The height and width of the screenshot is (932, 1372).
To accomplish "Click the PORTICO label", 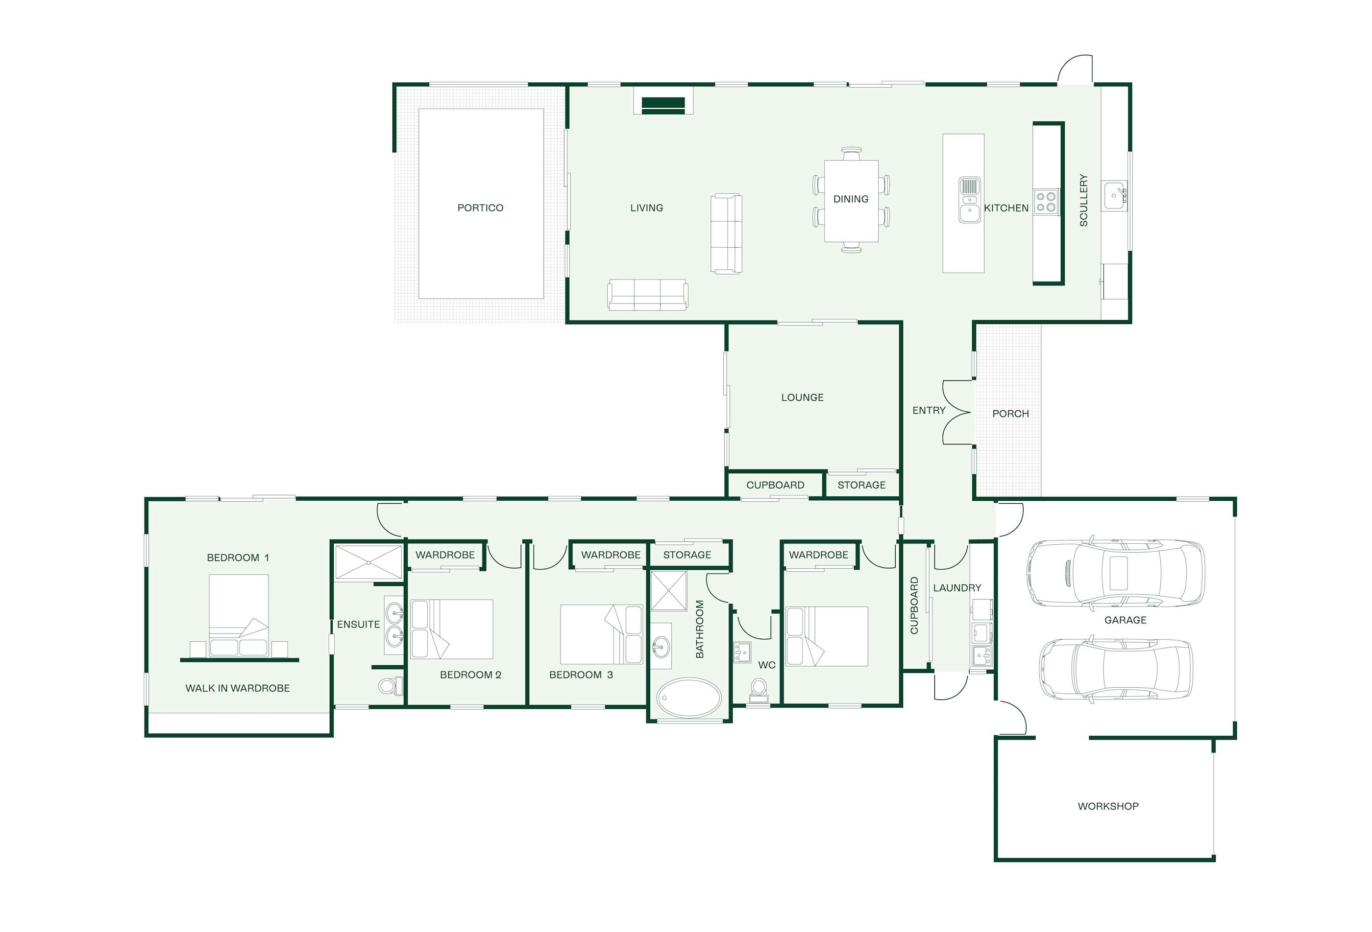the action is click(x=480, y=208).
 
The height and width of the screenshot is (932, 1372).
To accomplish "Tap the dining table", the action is click(x=851, y=201).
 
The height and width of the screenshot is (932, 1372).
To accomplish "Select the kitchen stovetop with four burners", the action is click(x=1046, y=201).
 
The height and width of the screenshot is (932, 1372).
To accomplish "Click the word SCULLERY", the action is click(x=1083, y=200).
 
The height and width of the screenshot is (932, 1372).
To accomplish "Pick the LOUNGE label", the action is click(x=802, y=397).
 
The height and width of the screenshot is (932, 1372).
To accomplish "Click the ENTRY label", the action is click(x=929, y=411).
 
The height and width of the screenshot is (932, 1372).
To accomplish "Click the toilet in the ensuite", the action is click(x=390, y=685).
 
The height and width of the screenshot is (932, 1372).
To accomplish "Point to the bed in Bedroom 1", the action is click(x=239, y=615).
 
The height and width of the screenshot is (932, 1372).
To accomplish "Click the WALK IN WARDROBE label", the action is click(x=237, y=688).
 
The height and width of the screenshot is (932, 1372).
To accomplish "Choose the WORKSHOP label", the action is click(x=1108, y=806).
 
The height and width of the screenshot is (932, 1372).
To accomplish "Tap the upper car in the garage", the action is click(x=1115, y=572).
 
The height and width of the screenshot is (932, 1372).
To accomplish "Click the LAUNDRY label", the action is click(x=957, y=587).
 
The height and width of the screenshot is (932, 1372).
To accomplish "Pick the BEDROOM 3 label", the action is click(x=581, y=675).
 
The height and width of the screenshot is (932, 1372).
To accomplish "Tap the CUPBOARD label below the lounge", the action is click(x=775, y=485).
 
